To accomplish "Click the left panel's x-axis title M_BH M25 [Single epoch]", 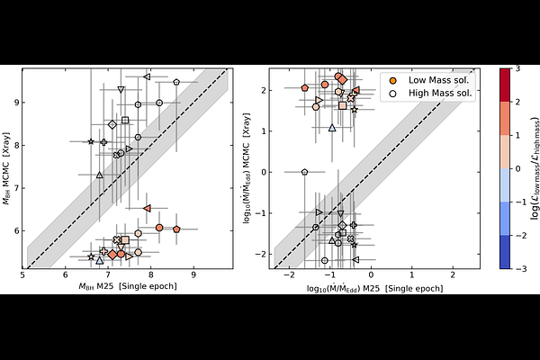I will point(125,285).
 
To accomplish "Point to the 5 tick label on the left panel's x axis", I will point(23,274).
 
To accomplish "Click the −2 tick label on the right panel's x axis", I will point(290,274).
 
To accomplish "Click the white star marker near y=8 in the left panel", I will point(91,141).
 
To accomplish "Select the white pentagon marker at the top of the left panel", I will point(176,82).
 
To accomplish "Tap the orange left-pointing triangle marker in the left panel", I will point(147,208).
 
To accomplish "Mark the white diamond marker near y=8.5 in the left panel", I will point(112,124).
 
